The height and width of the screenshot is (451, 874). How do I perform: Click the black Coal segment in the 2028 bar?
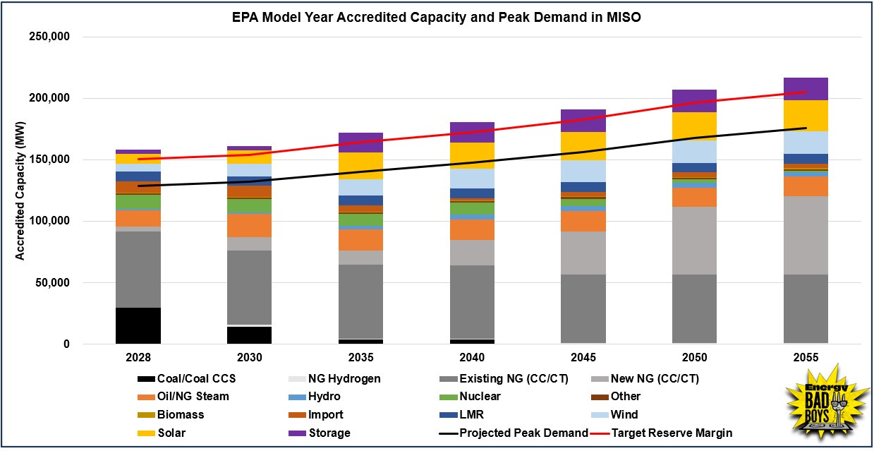coord(138,325)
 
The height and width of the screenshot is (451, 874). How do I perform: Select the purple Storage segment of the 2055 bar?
coord(806,89)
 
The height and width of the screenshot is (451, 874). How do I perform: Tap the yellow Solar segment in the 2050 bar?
coord(694,126)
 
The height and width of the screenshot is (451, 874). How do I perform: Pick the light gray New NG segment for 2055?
coord(806,235)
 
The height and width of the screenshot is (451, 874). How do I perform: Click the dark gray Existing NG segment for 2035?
coord(360,301)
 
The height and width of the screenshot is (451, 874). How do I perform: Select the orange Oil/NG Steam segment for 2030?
coord(250,225)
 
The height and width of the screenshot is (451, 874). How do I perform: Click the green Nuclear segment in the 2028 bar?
coord(138,202)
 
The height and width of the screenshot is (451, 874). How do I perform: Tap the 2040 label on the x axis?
coord(472,358)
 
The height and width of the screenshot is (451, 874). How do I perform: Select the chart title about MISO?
coord(436,18)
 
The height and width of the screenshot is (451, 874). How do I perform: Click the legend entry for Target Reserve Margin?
coord(672,433)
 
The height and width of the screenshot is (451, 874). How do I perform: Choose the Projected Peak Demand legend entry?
coord(523,433)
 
